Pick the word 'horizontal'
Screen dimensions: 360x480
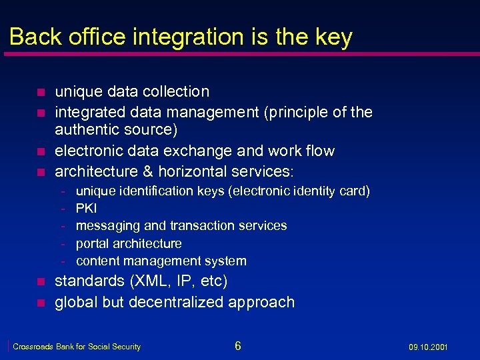pyautogui.click(x=201, y=171)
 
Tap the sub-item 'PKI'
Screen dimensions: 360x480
pyautogui.click(x=87, y=209)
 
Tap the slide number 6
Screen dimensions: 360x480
pyautogui.click(x=238, y=345)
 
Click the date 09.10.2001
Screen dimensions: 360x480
pyautogui.click(x=429, y=347)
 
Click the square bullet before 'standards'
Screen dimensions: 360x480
pyautogui.click(x=40, y=282)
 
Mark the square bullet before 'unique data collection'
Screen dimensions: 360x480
pyautogui.click(x=40, y=93)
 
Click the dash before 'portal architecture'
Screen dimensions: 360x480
pyautogui.click(x=62, y=244)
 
